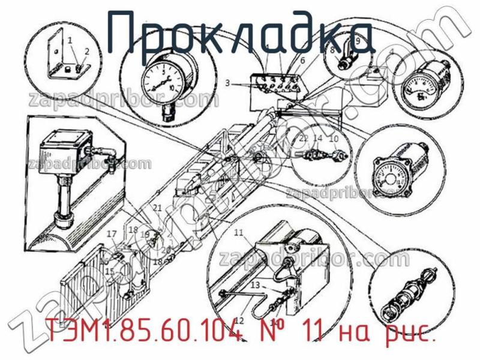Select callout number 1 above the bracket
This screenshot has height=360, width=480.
[70, 40]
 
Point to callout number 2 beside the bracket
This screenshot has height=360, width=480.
[87, 51]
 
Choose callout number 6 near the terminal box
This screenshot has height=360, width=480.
[302, 61]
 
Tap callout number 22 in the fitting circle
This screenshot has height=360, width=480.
[304, 139]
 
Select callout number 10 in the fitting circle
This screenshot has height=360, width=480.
[334, 139]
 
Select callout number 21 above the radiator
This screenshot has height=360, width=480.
[157, 208]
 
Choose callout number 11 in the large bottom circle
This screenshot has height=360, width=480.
[239, 232]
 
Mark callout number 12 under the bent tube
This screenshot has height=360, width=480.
[239, 320]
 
